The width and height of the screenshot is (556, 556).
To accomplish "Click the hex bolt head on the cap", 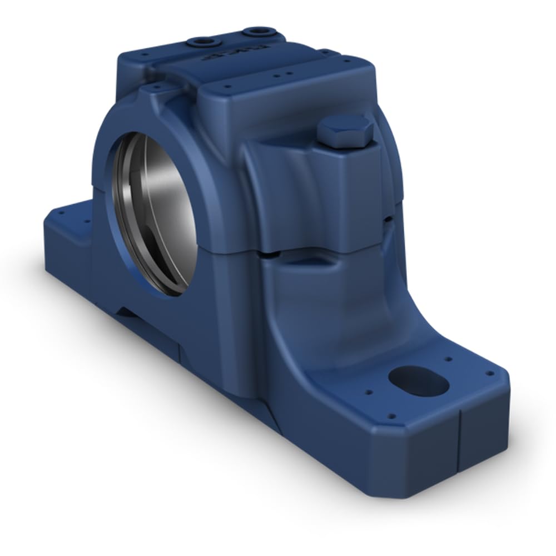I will point(345,131).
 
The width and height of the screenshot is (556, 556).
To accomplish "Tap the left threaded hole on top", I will point(199,42).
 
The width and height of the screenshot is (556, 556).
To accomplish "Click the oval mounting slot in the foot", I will point(418,380).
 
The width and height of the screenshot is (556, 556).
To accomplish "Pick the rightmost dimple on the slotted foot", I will point(491,374).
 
